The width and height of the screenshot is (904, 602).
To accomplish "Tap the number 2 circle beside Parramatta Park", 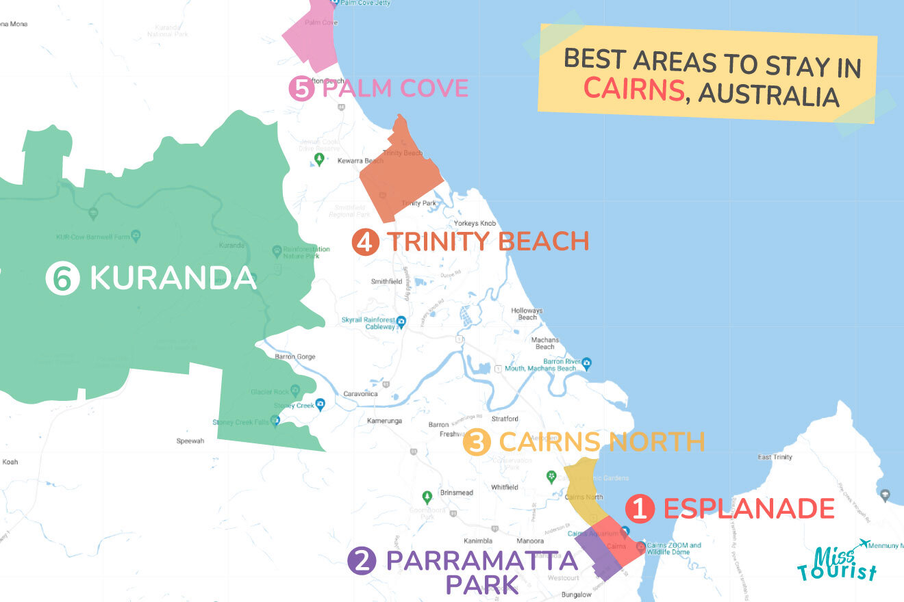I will coord(361,562).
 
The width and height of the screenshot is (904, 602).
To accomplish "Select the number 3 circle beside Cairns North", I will coord(477,442).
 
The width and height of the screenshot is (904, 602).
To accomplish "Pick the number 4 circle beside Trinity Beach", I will coord(365,242).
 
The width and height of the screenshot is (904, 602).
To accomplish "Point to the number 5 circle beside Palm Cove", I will coord(301,89).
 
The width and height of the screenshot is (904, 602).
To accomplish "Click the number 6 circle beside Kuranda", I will coord(62,278).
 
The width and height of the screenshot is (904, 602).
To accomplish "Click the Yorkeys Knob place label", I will coord(474,224).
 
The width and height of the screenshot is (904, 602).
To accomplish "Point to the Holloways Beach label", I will coord(527,314).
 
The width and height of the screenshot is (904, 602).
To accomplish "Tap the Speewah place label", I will coord(190,441).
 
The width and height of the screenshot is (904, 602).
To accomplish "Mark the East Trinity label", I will coord(775,457).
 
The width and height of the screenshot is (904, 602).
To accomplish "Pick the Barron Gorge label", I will coord(293,356).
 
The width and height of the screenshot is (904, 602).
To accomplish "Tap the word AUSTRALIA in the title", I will coord(768,95).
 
